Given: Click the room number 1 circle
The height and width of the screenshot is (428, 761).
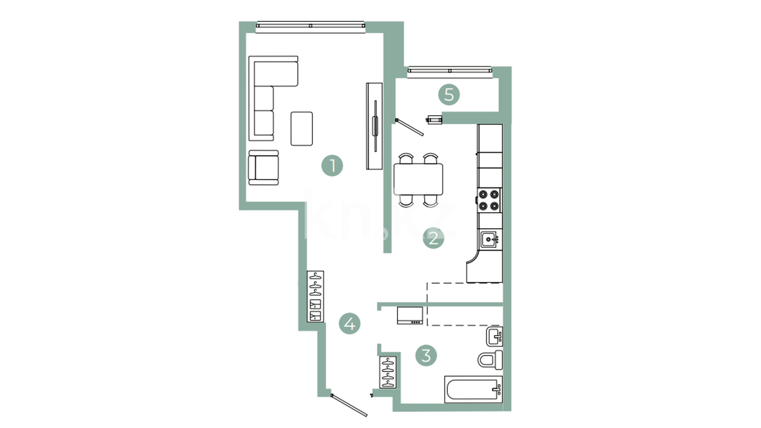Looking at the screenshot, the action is click(332, 166).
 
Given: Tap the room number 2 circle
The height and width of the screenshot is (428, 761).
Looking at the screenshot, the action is click(433, 238).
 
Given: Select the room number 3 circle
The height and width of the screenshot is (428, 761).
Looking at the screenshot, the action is click(426, 355).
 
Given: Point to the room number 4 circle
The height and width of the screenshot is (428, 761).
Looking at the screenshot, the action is click(350, 324).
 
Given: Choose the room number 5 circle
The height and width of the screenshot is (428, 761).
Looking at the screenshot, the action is click(449, 95).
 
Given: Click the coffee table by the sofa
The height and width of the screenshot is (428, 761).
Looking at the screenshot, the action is click(302, 129).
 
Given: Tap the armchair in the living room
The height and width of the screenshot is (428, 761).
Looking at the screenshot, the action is click(264, 168).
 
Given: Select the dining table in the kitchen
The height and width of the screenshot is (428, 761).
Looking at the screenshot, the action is click(418, 179).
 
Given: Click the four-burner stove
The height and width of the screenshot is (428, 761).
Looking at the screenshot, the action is click(489, 200).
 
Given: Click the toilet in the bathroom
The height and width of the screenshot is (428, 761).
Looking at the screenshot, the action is click(490, 360).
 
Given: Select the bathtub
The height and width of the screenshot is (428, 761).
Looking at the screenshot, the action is click(473, 389).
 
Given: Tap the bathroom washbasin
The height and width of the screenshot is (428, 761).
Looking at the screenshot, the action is click(495, 336).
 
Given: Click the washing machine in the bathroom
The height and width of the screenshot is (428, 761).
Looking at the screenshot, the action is click(410, 315).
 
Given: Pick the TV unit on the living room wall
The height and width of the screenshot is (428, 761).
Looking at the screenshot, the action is click(374, 126).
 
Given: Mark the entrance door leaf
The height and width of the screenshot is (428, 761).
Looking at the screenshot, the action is click(349, 405).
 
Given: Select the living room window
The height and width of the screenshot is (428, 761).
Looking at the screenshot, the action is click(310, 26).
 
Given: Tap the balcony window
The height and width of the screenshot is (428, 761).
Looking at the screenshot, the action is click(449, 71).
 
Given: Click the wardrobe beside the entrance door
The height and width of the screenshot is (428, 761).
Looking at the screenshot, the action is click(388, 373).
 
